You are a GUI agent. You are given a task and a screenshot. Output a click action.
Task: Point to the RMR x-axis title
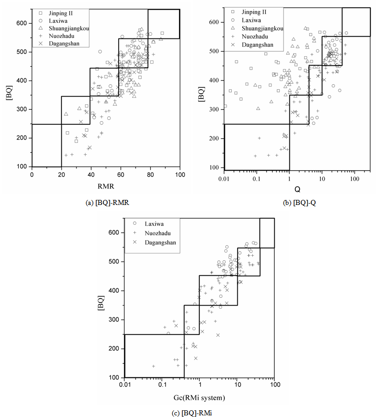pyautogui.click(x=106, y=186)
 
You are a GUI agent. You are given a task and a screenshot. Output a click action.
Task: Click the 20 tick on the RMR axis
pyautogui.click(x=61, y=175)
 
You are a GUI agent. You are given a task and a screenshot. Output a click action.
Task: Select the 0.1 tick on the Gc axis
pyautogui.click(x=162, y=385)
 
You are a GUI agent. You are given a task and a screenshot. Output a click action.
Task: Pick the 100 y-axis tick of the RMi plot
pyautogui.click(x=116, y=377)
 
